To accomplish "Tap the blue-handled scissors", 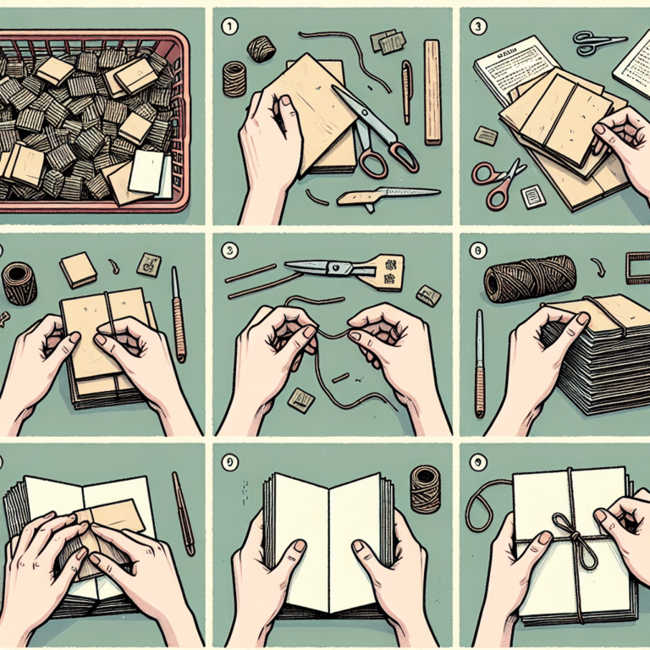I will click(598, 40).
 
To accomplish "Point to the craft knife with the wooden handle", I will click(386, 196).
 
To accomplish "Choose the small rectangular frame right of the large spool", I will click(637, 267).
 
